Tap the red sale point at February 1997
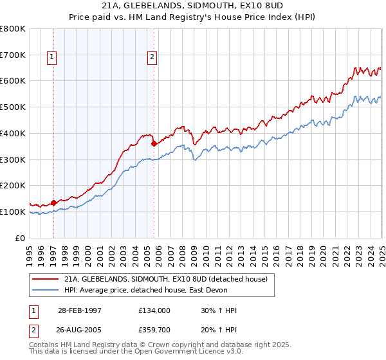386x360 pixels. click(x=53, y=203)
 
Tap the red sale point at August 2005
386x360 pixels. click(x=154, y=144)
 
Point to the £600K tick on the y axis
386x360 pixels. click(x=13, y=81)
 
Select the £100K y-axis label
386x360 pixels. click(x=13, y=212)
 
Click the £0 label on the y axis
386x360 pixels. click(x=21, y=238)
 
